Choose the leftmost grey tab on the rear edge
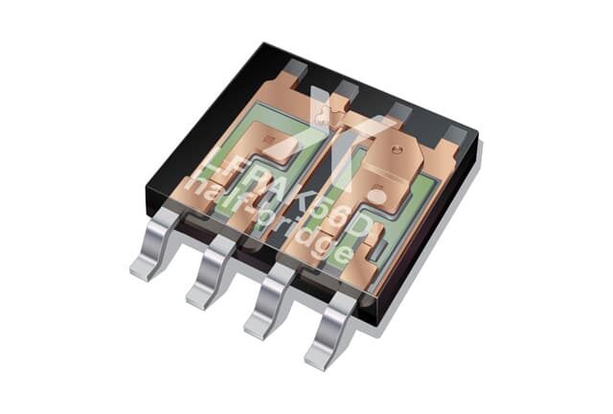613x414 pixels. pyautogui.click(x=297, y=70)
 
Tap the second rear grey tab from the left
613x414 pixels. pyautogui.click(x=345, y=89)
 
